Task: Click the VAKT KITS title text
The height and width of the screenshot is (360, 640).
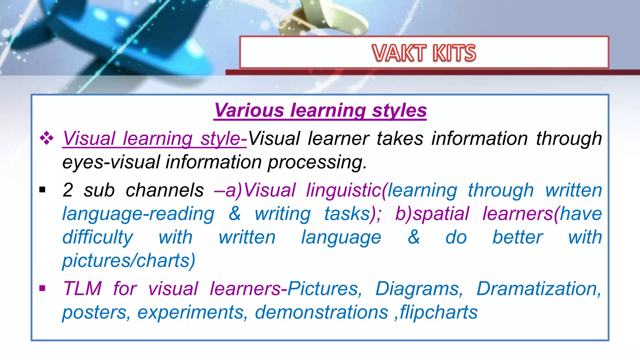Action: coord(424,53)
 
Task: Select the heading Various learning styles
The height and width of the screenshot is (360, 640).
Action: coord(320,110)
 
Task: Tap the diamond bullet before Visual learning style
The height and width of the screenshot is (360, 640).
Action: coord(47,138)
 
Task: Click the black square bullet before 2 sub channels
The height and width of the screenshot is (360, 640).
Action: coord(42,190)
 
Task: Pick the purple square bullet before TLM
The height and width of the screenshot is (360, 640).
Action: coord(42,288)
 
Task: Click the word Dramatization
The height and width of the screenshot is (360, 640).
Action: coord(538,288)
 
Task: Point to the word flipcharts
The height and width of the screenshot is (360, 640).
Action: coord(439,312)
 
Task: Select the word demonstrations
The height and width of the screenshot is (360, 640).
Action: coord(321,312)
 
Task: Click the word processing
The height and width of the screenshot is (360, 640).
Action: coord(317,162)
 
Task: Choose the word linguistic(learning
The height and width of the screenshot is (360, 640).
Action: coord(382,190)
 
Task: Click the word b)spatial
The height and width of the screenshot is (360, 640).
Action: coord(432,214)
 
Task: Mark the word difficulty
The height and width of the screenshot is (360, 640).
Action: coord(98,237)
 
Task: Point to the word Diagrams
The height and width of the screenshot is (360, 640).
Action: coord(419,288)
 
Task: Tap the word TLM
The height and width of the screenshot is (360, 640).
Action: coord(82,288)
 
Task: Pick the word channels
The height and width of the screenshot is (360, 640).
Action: coord(165,190)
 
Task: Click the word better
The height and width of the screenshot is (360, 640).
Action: coord(517,237)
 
